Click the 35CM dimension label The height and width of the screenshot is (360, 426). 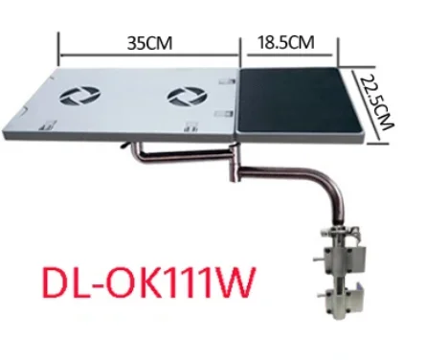(149, 43)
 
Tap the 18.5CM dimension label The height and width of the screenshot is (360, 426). (285, 42)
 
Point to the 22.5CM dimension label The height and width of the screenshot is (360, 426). (377, 101)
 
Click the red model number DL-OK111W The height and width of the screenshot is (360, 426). (149, 282)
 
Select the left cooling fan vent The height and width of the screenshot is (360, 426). (80, 96)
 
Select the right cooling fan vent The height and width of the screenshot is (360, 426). (188, 97)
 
